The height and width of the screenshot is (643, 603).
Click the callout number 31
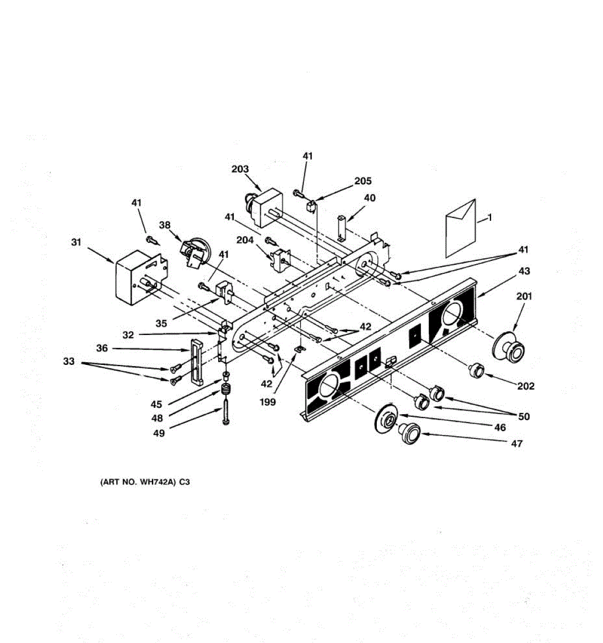[76, 242]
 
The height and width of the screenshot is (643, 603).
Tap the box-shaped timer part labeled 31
[134, 278]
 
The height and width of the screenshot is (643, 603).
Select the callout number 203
[240, 169]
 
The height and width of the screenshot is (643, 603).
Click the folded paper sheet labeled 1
[460, 228]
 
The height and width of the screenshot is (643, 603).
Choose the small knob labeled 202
[475, 369]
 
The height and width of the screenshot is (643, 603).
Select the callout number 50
[524, 416]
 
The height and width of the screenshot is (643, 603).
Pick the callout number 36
[102, 348]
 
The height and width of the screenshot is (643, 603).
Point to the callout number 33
[69, 362]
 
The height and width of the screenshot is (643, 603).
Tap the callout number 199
[267, 401]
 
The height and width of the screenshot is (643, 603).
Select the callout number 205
[362, 181]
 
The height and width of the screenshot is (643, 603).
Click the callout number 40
[369, 198]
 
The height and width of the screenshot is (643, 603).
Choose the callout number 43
[524, 271]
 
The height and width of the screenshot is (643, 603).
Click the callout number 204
[245, 241]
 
